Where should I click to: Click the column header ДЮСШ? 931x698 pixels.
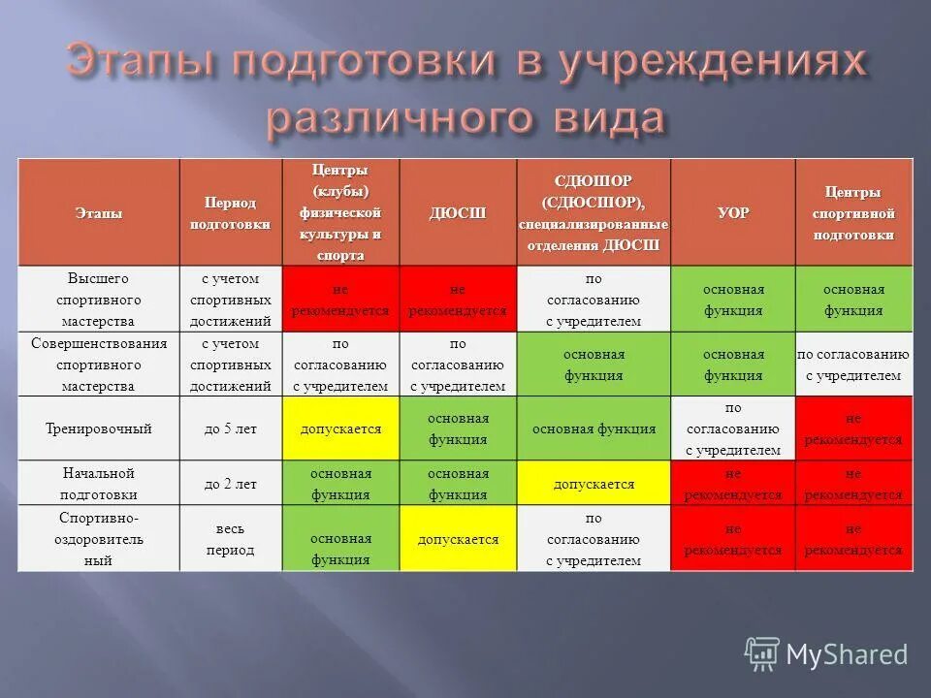point(458,212)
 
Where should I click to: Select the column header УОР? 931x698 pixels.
point(733,212)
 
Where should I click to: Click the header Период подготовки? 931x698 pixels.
point(230,212)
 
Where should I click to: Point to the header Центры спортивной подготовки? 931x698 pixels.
point(853,212)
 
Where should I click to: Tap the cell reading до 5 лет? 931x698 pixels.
point(230,428)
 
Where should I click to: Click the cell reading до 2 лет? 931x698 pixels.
point(230,483)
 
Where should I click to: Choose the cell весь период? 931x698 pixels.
point(230,538)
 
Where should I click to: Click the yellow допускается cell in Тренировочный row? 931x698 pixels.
point(340,428)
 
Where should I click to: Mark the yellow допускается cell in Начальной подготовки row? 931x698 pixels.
point(594,483)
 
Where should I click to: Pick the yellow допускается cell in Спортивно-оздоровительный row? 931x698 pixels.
point(458,539)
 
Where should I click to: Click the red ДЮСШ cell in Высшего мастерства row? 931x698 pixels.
point(458,300)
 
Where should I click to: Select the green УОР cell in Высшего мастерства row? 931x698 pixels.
point(733,300)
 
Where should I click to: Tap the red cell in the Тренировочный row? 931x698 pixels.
point(853,428)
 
